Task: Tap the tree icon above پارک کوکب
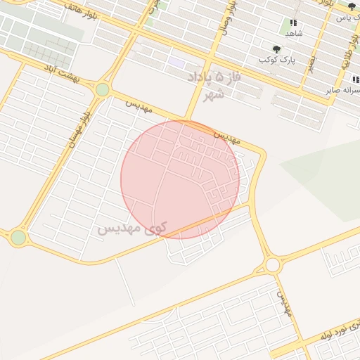(x=276, y=49)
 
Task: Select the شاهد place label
(x=293, y=34)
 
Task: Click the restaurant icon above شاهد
(x=293, y=22)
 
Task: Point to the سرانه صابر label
(x=342, y=90)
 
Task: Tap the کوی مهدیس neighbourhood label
(x=131, y=229)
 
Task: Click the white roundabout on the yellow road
(x=273, y=265)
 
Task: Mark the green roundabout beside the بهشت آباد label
(x=103, y=89)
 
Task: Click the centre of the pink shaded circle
(x=180, y=179)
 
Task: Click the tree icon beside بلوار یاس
(x=352, y=6)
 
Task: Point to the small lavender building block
(x=176, y=63)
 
